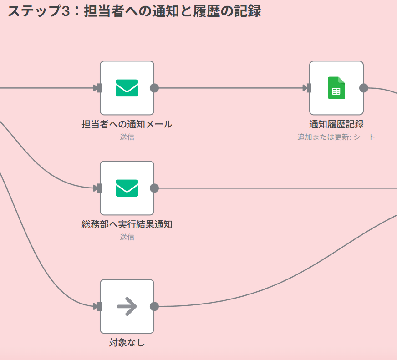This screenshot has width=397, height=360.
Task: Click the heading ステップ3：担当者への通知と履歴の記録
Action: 134,11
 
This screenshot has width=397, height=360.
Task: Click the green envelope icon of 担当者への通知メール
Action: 127,88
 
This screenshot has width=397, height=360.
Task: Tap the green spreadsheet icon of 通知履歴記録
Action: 336,88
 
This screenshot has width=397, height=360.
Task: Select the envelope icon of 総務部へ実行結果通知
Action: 127,188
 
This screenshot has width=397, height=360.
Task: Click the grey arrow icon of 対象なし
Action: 127,306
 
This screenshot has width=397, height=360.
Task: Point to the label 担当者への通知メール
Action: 127,124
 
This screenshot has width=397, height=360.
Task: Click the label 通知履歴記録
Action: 336,124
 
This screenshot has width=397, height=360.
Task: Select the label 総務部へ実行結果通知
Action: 127,224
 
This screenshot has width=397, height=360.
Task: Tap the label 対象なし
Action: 127,343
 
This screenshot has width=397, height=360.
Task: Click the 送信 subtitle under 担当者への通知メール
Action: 127,137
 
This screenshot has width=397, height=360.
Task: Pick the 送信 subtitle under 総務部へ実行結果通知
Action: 127,237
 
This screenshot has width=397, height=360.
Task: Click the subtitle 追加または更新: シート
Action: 336,137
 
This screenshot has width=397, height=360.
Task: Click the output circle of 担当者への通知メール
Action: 154,88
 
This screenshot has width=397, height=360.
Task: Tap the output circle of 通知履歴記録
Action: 364,88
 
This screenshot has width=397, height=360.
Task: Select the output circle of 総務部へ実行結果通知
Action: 154,188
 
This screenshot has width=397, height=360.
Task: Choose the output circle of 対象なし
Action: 154,306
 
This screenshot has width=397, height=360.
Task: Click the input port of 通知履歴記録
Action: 309,88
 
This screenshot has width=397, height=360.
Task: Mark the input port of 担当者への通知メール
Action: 99,88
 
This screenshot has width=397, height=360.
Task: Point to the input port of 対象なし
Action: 99,306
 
